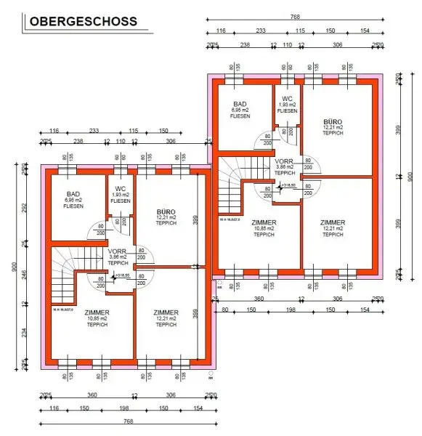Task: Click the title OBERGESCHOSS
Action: coord(84,21)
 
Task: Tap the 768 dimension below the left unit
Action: coord(129,421)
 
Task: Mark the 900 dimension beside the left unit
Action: coord(12,267)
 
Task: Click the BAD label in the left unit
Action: coord(73,194)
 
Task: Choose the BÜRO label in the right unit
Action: coord(333,123)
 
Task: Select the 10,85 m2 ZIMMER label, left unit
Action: coord(97,312)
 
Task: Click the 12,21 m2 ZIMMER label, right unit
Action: coord(333,223)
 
